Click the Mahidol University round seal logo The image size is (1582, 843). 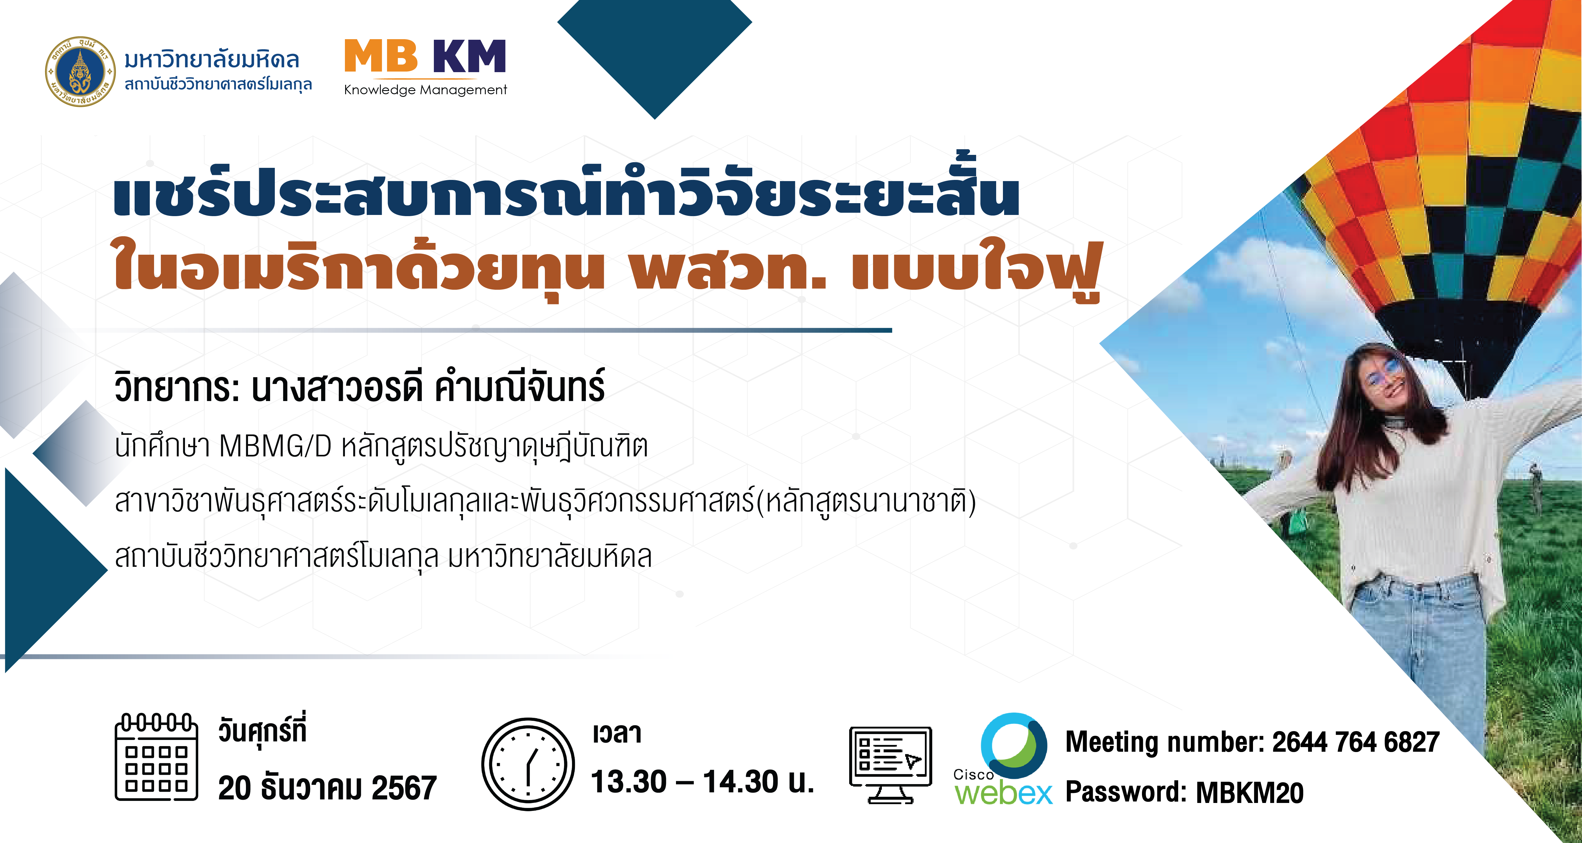pos(80,71)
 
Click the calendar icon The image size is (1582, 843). pos(157,757)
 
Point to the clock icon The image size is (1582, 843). pos(528,764)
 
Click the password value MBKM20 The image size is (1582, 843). pos(1250,792)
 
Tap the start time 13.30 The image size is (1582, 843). pos(629,781)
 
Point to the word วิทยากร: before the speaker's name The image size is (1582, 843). pos(177,387)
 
